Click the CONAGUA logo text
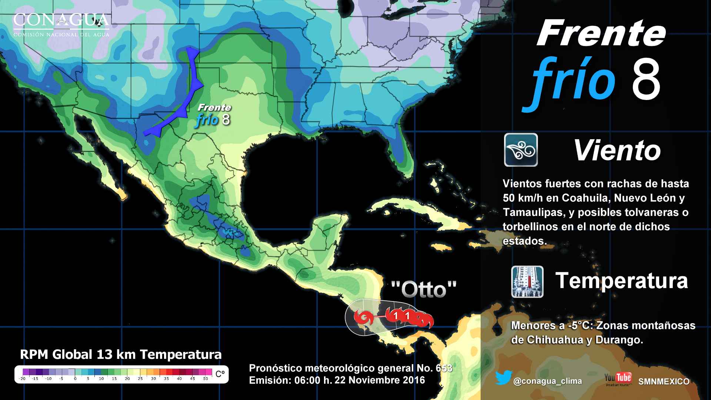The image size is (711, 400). coord(61,21)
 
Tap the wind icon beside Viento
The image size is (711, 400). coord(521,150)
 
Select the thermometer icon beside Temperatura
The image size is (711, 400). coord(527,282)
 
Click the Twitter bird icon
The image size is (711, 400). coord(503,378)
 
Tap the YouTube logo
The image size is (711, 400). coord(618,379)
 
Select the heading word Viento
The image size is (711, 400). coord(617,150)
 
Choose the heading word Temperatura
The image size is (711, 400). coord(621,280)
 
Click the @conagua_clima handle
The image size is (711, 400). coord(547,381)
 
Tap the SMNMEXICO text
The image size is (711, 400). coord(664,381)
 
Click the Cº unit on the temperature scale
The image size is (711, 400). coord(220,374)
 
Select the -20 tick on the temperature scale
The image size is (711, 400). coord(22,379)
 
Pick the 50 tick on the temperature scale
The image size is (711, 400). coord(206,379)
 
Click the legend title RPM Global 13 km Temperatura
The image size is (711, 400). coord(121,354)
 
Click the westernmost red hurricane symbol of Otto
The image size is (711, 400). coord(362,317)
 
